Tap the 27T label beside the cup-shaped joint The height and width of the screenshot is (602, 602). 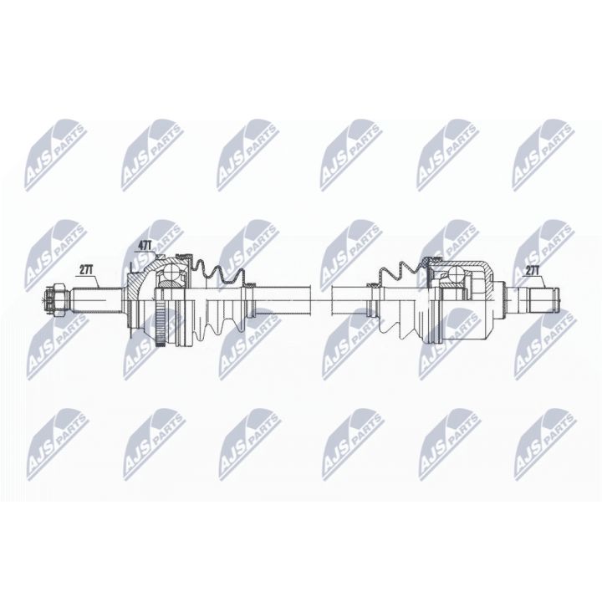[x=533, y=269]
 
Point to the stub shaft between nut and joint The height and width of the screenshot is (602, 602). [x=96, y=297]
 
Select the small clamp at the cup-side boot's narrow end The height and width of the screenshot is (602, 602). [x=375, y=297]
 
